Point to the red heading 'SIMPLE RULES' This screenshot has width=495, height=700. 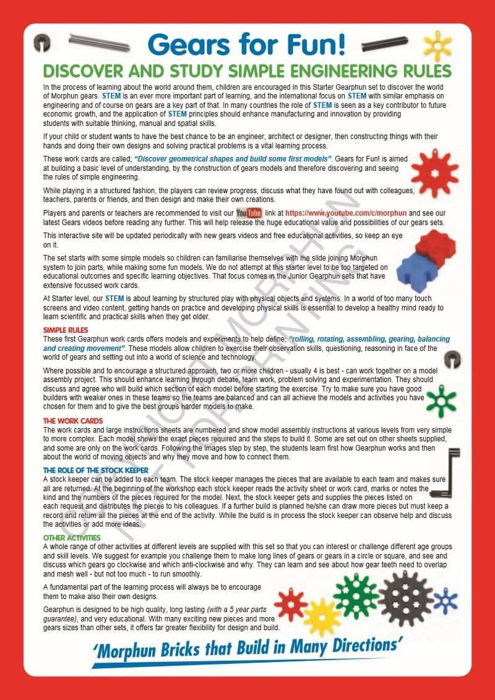coord(66,331)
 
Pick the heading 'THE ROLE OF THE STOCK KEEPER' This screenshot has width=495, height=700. coord(95,470)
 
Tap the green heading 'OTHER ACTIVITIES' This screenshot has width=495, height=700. coord(72,538)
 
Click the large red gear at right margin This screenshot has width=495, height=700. coord(434,174)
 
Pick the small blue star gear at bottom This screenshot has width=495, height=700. coord(445,600)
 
